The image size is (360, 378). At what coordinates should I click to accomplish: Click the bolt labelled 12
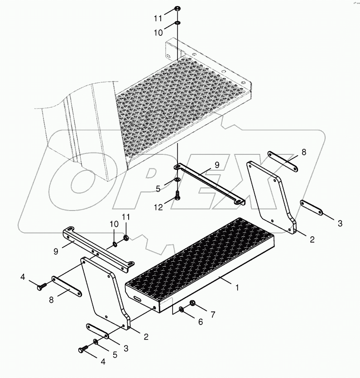pos(177,196)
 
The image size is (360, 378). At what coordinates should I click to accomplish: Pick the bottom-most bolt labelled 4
pos(82,349)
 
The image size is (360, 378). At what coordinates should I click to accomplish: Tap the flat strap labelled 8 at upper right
pos(282,161)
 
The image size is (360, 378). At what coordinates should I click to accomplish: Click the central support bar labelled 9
pos(208,186)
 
